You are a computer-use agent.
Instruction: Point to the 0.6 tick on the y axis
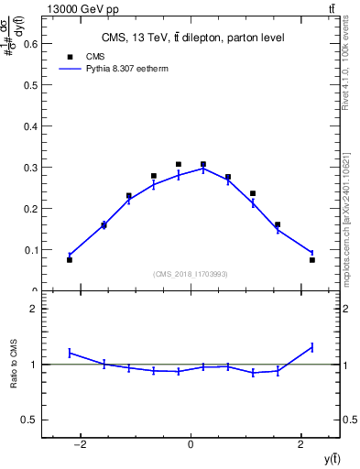click(29, 43)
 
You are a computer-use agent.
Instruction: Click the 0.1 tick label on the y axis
click(29, 249)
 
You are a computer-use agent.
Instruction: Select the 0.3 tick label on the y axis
click(29, 167)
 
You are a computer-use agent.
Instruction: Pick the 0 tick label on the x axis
click(191, 445)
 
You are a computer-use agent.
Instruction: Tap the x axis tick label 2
click(301, 445)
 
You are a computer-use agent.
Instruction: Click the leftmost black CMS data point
click(70, 260)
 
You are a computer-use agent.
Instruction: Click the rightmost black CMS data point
click(312, 260)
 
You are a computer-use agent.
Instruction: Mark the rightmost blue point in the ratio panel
click(312, 347)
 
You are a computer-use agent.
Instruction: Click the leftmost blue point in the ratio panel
click(70, 353)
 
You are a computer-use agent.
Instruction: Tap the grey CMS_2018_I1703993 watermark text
click(191, 274)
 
